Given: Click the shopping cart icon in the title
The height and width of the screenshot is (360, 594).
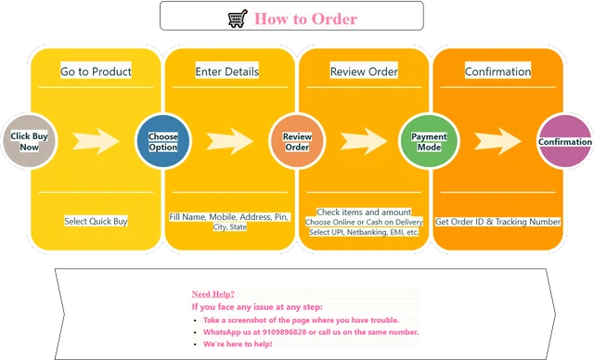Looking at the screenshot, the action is (x=238, y=19).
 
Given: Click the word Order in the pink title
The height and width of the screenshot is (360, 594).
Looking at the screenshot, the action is (x=334, y=19).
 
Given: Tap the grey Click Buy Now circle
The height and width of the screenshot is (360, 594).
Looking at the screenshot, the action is (x=29, y=141).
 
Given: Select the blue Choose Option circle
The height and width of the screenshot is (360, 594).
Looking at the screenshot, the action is (x=163, y=141).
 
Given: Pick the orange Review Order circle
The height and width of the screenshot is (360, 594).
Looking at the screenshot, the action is (x=297, y=141).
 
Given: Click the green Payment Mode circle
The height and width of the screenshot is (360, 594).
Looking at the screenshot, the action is (x=429, y=141).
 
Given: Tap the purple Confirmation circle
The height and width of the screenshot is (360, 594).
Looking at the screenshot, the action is (x=565, y=141).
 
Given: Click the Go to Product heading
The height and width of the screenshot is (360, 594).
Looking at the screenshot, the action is (x=96, y=71).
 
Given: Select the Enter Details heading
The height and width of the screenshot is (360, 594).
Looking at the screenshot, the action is (x=226, y=71).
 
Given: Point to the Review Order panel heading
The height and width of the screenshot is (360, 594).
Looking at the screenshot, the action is (x=364, y=71).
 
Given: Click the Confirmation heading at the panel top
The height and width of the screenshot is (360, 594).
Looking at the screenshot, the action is (x=497, y=71).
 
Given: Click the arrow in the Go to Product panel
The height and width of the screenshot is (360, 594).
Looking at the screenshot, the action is (x=96, y=141).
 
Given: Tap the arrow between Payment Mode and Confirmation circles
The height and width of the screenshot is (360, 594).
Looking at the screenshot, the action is (x=497, y=141).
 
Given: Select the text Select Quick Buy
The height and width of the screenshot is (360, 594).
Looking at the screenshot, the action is (x=96, y=221).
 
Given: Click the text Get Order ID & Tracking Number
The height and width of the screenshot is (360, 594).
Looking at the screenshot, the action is (x=497, y=222).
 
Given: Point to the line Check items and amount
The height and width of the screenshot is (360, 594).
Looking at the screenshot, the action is (x=364, y=212).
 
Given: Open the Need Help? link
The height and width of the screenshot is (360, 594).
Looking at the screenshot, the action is (x=213, y=294).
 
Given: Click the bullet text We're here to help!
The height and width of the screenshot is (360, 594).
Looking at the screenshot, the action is (x=238, y=344).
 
